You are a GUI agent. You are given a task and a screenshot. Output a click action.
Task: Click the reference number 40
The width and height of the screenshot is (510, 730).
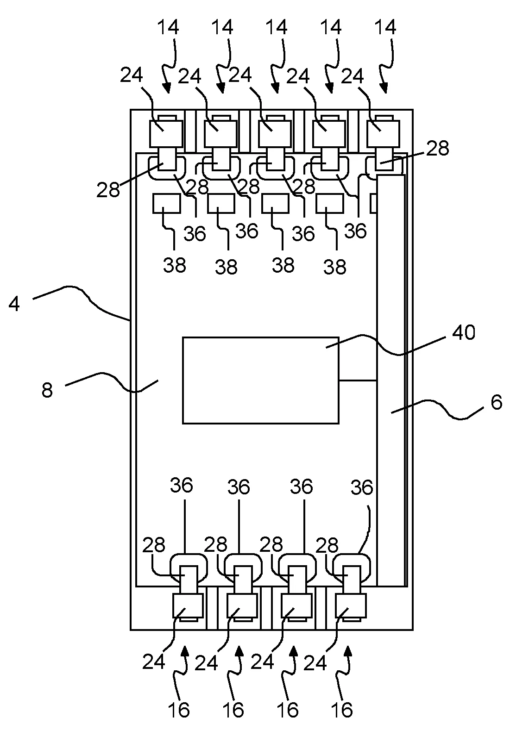click(x=464, y=332)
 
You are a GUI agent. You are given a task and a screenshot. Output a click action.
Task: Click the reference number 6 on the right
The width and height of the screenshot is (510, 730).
click(x=496, y=402)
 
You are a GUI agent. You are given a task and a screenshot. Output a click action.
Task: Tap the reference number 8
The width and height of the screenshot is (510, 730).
click(x=47, y=390)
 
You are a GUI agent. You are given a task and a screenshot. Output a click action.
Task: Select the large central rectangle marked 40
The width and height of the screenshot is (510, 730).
click(x=260, y=380)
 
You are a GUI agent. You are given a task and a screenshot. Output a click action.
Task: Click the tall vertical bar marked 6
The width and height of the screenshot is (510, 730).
click(x=391, y=380)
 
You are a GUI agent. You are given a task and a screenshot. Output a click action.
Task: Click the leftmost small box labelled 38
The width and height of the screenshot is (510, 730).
click(x=166, y=203)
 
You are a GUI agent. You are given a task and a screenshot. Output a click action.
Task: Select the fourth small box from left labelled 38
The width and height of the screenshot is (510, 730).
click(x=330, y=203)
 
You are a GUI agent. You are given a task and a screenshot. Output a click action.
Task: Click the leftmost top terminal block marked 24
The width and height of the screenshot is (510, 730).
click(x=166, y=133)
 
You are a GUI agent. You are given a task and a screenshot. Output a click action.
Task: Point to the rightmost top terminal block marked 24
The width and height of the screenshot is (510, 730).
click(x=383, y=133)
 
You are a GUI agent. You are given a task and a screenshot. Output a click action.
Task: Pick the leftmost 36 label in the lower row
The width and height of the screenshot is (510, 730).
click(x=181, y=486)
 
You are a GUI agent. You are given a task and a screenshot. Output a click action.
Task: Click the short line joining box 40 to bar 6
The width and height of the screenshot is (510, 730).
click(x=358, y=381)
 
